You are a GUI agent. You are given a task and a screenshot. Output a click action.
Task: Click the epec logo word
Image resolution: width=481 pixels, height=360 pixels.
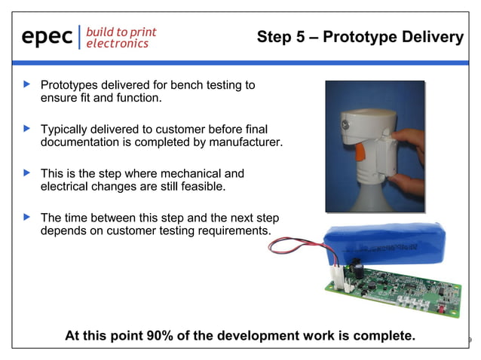tap(47, 36)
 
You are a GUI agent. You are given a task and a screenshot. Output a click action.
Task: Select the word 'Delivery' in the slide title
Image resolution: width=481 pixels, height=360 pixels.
tap(430, 37)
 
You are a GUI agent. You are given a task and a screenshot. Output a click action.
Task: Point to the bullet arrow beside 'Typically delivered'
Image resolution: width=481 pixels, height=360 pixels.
tap(27, 129)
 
